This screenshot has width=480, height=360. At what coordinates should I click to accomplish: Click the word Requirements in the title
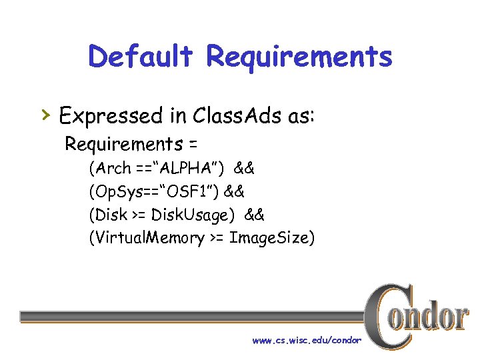tap(299, 57)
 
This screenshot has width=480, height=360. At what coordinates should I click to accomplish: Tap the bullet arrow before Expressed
tap(45, 117)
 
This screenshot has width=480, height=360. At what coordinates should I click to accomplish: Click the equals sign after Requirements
tap(194, 144)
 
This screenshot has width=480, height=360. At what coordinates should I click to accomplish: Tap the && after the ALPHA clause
tap(243, 167)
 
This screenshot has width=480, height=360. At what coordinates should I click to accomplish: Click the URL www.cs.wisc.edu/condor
tap(307, 341)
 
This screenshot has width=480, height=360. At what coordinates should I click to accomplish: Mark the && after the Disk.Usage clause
tap(254, 215)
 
